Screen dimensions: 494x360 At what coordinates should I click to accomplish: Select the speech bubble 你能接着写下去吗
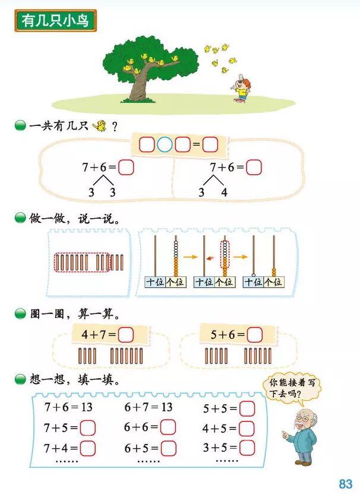292,388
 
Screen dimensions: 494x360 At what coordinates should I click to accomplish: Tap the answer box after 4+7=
125,335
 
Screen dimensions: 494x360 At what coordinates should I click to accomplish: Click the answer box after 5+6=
254,335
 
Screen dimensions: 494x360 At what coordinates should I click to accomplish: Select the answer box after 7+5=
88,427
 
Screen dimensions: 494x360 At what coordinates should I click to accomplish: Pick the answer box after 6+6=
168,427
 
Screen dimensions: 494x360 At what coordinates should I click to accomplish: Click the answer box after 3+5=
247,448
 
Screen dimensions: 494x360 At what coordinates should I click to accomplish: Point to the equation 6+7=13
148,407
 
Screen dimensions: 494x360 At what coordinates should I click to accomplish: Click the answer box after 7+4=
88,448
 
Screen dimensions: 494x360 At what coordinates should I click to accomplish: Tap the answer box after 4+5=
247,428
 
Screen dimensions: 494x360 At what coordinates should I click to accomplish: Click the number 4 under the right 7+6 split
223,192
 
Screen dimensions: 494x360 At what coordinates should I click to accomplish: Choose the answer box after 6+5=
168,448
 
